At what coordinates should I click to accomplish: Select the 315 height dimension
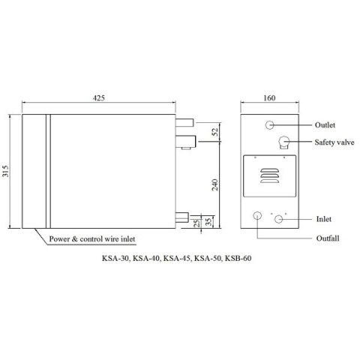(x=7, y=172)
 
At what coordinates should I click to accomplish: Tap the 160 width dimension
(x=270, y=97)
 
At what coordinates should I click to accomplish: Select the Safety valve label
(x=333, y=142)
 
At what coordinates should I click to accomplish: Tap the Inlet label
(x=324, y=219)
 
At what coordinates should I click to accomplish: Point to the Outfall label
(x=328, y=238)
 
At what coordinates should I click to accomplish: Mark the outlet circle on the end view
(x=270, y=125)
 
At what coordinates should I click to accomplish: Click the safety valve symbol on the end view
(x=284, y=142)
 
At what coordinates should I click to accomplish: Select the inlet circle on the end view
(x=280, y=219)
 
